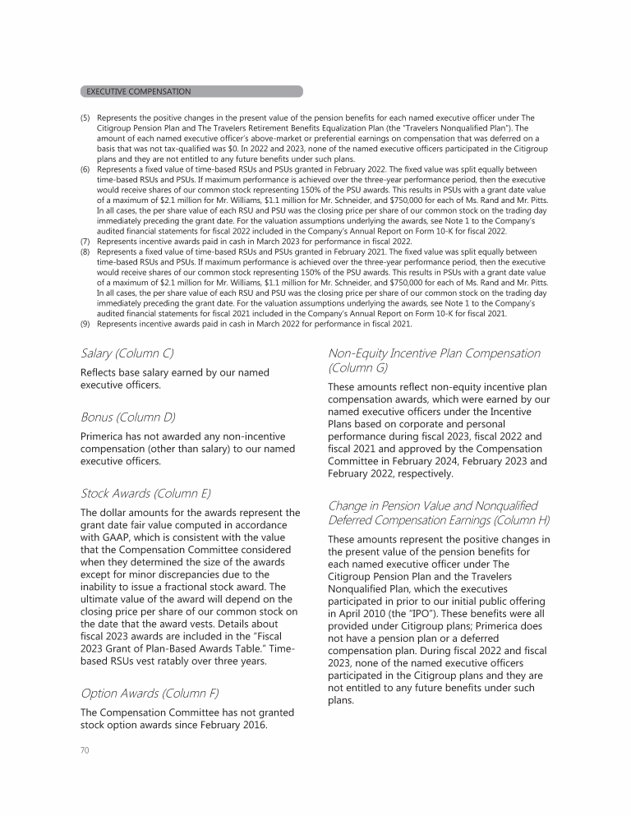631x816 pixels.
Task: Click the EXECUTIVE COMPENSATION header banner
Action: [191, 91]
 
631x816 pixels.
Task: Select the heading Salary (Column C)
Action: [127, 353]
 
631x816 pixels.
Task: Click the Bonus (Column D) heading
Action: [127, 417]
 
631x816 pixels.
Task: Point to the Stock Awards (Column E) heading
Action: [146, 493]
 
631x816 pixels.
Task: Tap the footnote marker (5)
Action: [85, 118]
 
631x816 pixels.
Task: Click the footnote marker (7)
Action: [85, 243]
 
